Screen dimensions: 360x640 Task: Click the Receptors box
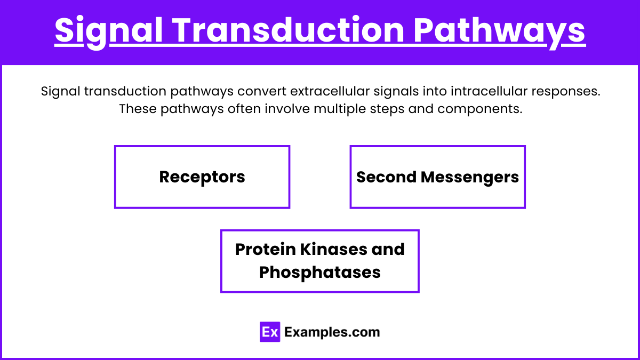pos(202,177)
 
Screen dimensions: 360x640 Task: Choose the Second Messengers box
pos(437,177)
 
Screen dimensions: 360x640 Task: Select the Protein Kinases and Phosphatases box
pos(319,261)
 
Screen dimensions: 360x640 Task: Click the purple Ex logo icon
pos(270,332)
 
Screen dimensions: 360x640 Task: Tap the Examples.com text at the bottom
pos(332,332)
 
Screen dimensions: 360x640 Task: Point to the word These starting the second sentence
pos(136,109)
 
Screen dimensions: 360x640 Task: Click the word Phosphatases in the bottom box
pos(319,272)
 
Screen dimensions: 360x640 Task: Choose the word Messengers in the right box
pos(469,177)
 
